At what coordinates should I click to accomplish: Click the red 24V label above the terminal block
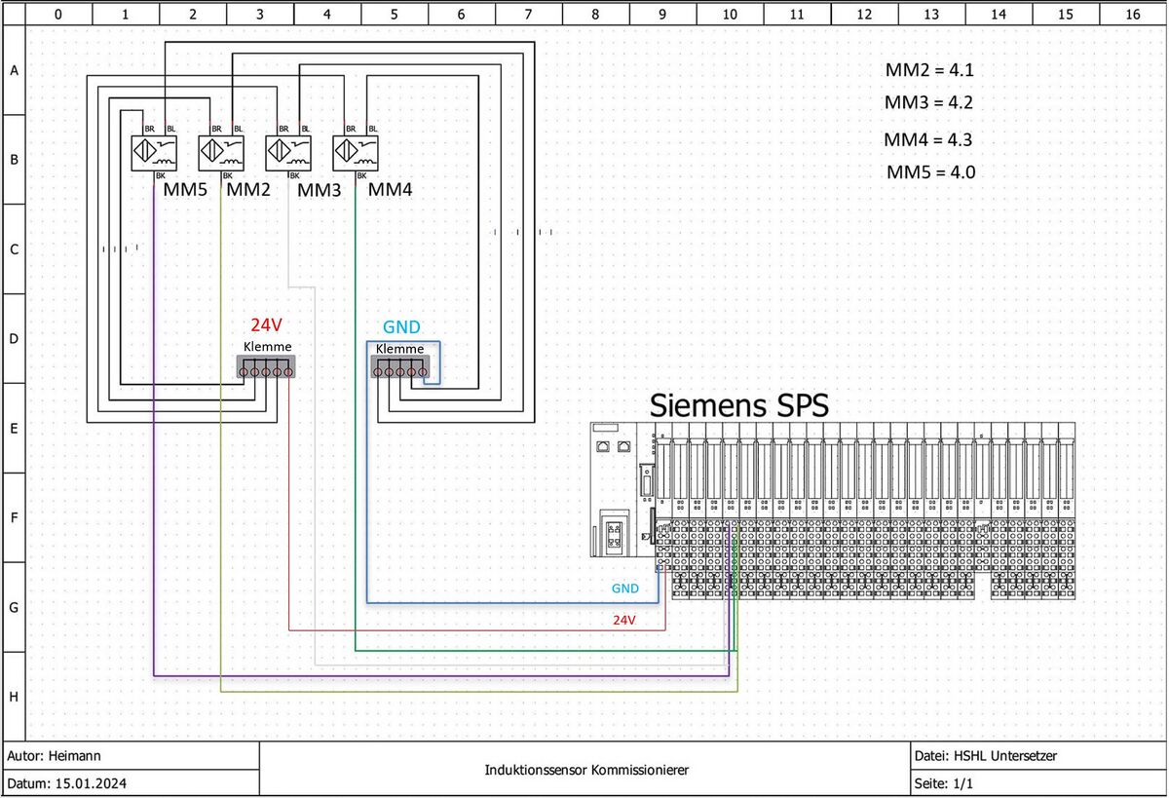267,326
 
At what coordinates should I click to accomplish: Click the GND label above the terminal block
401,327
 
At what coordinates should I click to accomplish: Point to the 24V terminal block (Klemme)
266,367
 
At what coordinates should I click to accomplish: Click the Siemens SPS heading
739,404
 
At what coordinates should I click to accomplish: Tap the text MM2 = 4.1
928,70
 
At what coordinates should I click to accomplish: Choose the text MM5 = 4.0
930,172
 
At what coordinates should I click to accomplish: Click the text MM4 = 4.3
928,139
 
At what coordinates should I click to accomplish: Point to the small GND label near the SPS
625,589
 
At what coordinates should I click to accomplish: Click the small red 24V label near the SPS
623,620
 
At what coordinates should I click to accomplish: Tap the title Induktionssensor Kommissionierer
586,770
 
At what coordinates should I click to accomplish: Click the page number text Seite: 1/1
944,783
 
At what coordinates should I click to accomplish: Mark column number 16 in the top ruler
1132,14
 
